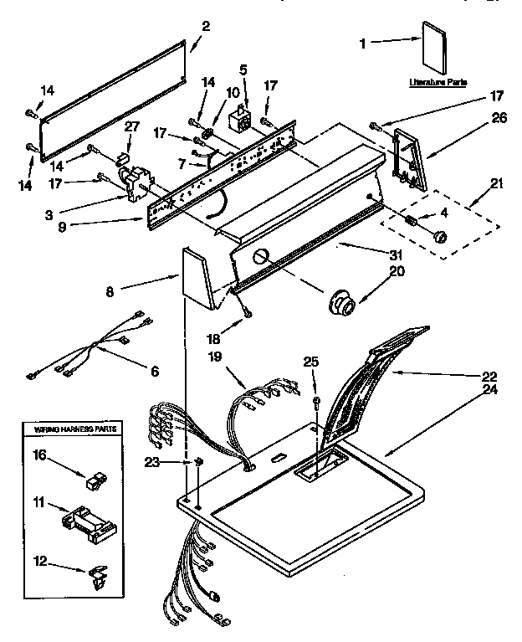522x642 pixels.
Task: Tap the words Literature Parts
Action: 438,83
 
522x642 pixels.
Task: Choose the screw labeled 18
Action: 247,313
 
